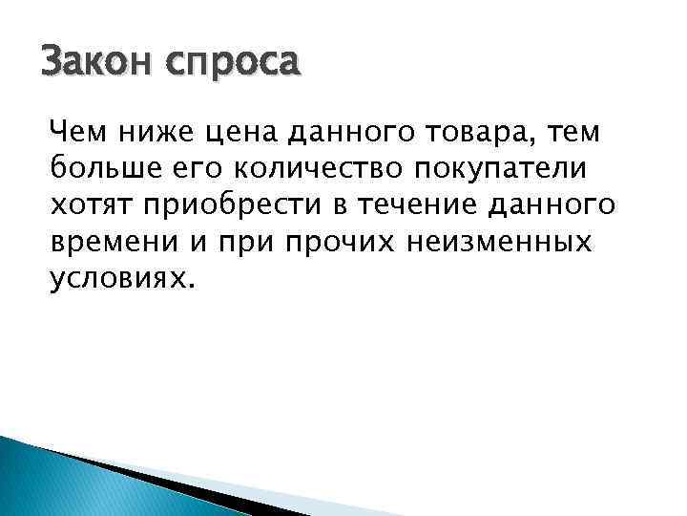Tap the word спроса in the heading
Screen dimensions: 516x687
tap(233, 66)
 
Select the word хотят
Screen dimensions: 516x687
tap(87, 205)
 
